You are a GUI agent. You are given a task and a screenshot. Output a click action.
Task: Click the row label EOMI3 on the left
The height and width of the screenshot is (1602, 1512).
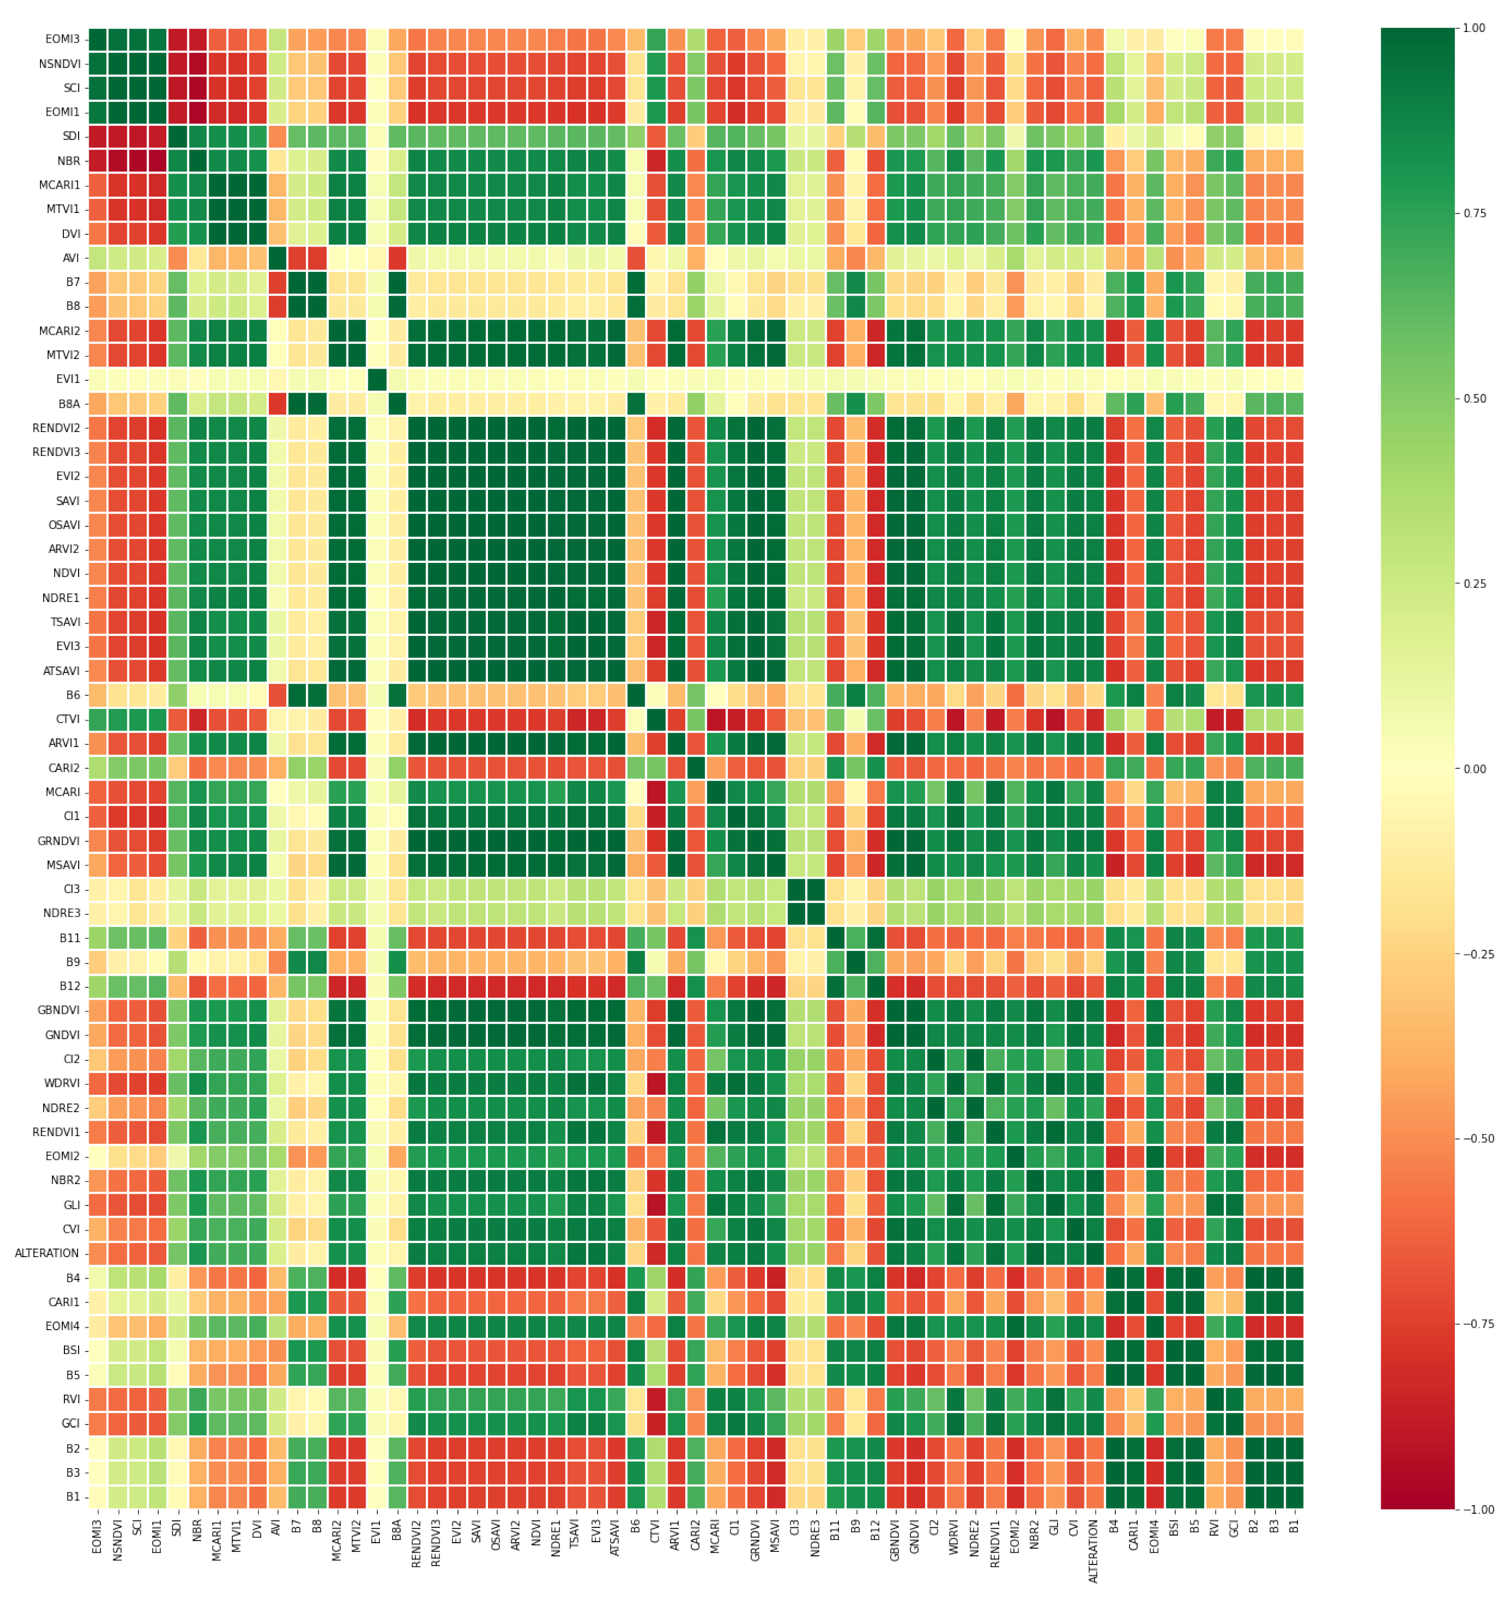tap(62, 39)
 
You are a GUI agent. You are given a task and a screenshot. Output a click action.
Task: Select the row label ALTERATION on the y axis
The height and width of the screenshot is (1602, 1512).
tap(47, 1253)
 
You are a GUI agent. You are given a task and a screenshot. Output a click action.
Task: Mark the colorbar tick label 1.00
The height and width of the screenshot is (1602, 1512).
tap(1475, 28)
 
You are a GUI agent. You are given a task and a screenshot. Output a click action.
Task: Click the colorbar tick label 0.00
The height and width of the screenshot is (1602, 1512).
tap(1475, 769)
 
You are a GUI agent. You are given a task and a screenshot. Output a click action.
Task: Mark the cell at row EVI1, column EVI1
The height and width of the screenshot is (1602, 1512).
tap(376, 379)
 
